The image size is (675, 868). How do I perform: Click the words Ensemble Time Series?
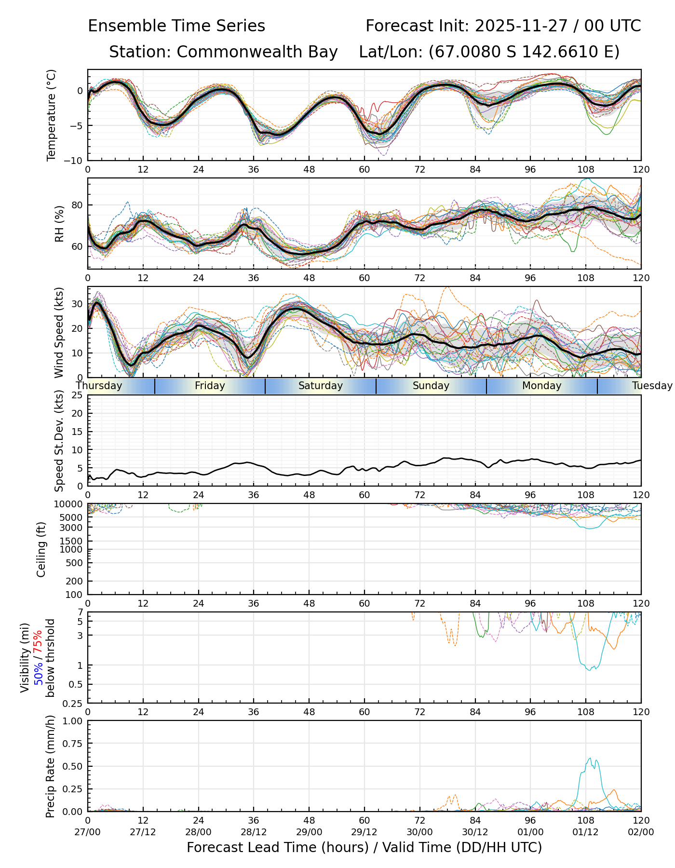click(176, 26)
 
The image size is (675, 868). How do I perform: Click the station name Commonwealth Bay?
click(257, 52)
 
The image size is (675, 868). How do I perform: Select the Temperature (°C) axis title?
click(52, 115)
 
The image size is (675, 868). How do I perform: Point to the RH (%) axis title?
click(59, 223)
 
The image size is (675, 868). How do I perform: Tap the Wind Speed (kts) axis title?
click(59, 332)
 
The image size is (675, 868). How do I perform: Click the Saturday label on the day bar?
click(321, 386)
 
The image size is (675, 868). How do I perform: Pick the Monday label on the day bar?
click(542, 386)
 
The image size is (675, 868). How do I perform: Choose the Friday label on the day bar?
click(210, 386)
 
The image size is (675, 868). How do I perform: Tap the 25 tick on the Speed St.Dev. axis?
click(78, 395)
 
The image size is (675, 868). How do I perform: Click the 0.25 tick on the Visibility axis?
click(75, 703)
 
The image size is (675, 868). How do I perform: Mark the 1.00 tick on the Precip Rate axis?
click(74, 721)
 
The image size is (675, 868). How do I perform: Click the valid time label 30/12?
click(475, 832)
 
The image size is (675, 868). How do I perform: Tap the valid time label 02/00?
click(641, 832)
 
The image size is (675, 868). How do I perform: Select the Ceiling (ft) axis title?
click(41, 549)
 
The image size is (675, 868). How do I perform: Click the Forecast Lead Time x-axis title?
click(364, 848)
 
